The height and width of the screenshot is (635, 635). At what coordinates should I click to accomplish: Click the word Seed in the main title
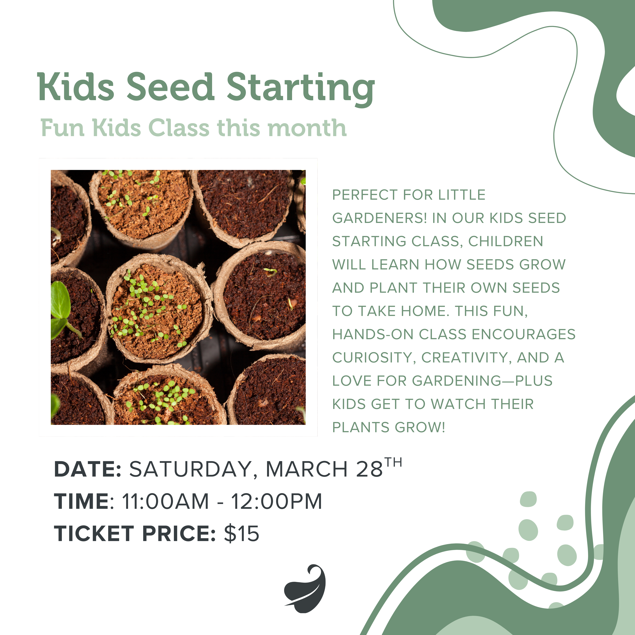tap(170, 87)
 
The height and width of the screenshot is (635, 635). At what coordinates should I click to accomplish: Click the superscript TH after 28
tap(393, 462)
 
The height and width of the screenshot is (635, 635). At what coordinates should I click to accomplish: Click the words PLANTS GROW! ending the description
tap(389, 427)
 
